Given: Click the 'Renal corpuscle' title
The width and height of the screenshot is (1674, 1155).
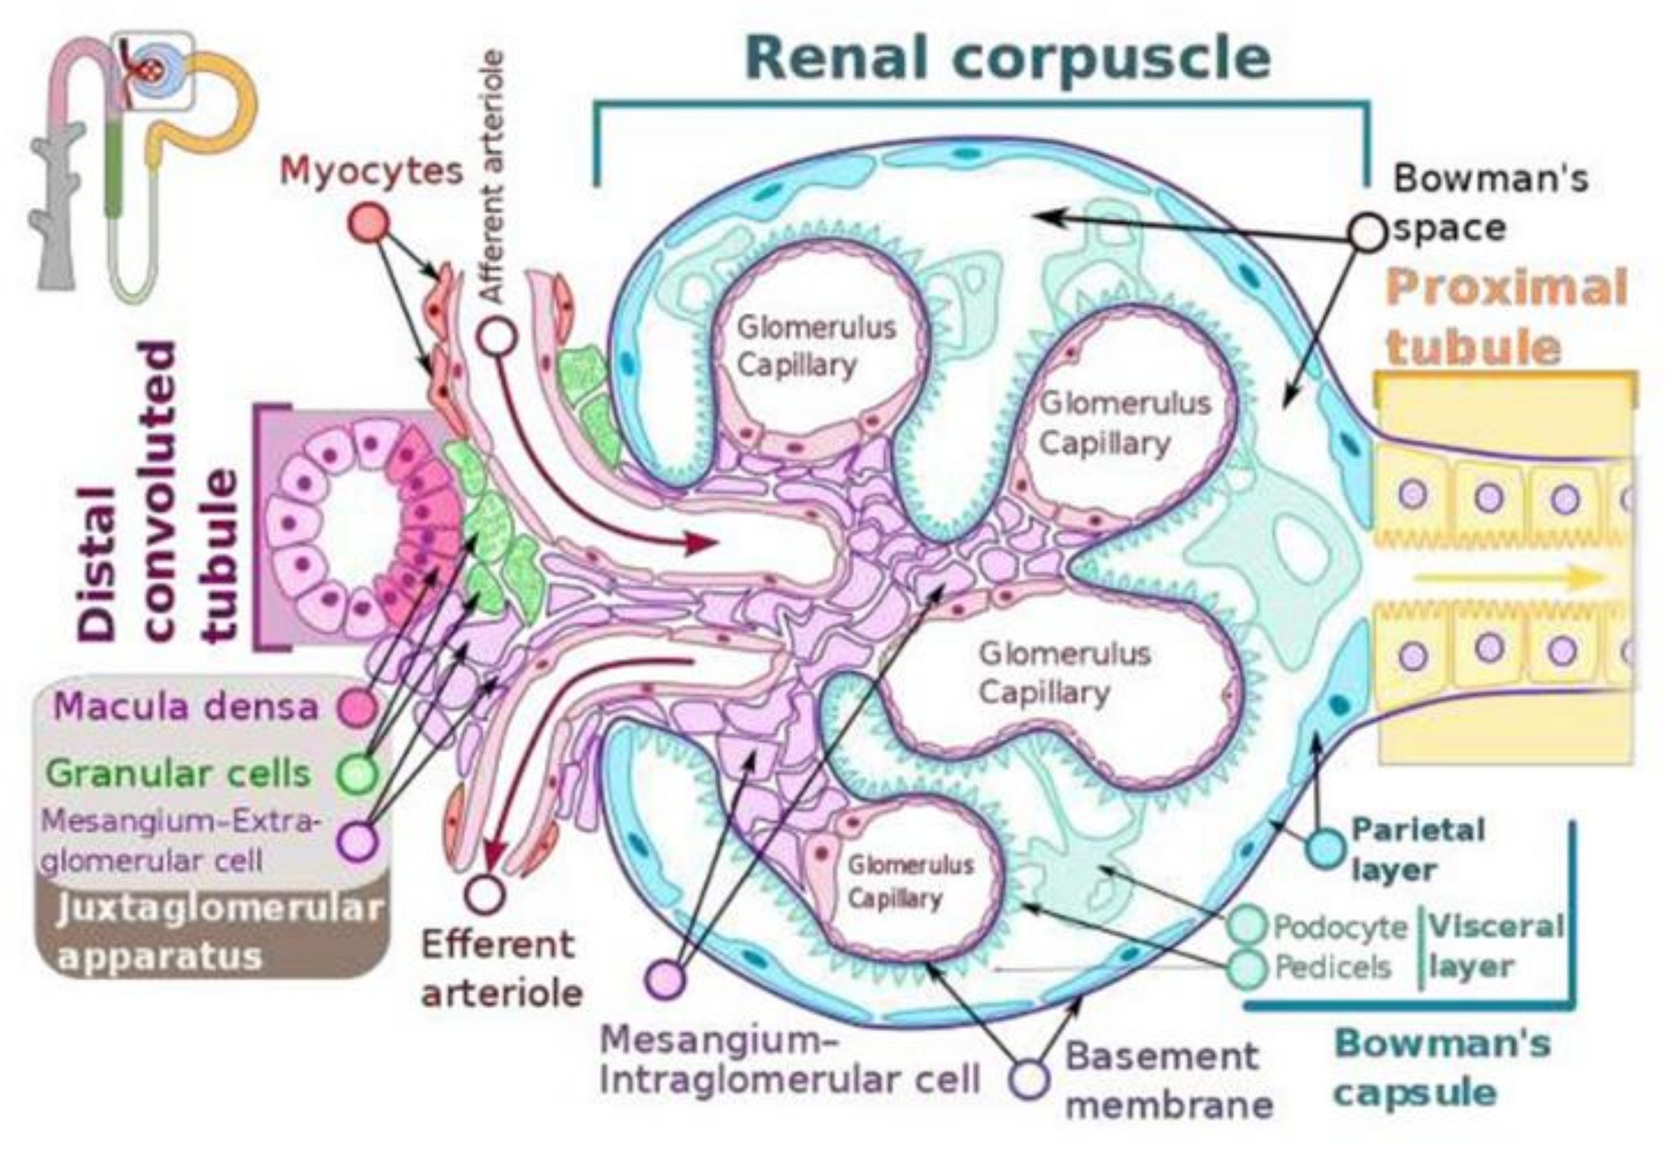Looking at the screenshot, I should click(1008, 58).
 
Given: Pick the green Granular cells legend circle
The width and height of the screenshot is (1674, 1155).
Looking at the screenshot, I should click(358, 773).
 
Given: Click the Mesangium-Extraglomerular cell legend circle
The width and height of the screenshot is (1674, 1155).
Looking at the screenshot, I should click(358, 841).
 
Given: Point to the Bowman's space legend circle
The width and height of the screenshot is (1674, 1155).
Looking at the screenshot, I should click(1367, 233).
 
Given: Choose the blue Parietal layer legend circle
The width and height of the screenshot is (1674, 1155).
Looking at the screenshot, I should click(1327, 848).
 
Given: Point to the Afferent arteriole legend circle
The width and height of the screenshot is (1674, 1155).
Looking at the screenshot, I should click(498, 337).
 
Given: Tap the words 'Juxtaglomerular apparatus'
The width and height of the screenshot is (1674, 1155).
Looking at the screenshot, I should click(217, 932).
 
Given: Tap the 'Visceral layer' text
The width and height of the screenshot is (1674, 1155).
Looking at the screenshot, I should click(1495, 947).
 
